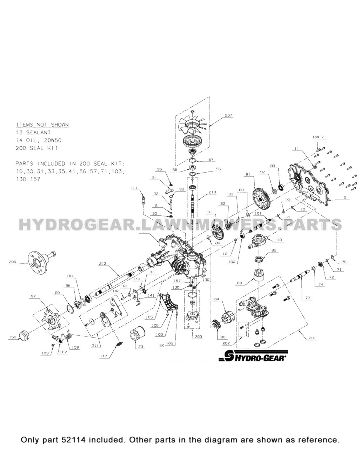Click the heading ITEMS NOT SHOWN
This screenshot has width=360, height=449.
(42, 125)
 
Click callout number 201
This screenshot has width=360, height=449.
(312, 338)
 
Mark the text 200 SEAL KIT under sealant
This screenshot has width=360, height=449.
(37, 148)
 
